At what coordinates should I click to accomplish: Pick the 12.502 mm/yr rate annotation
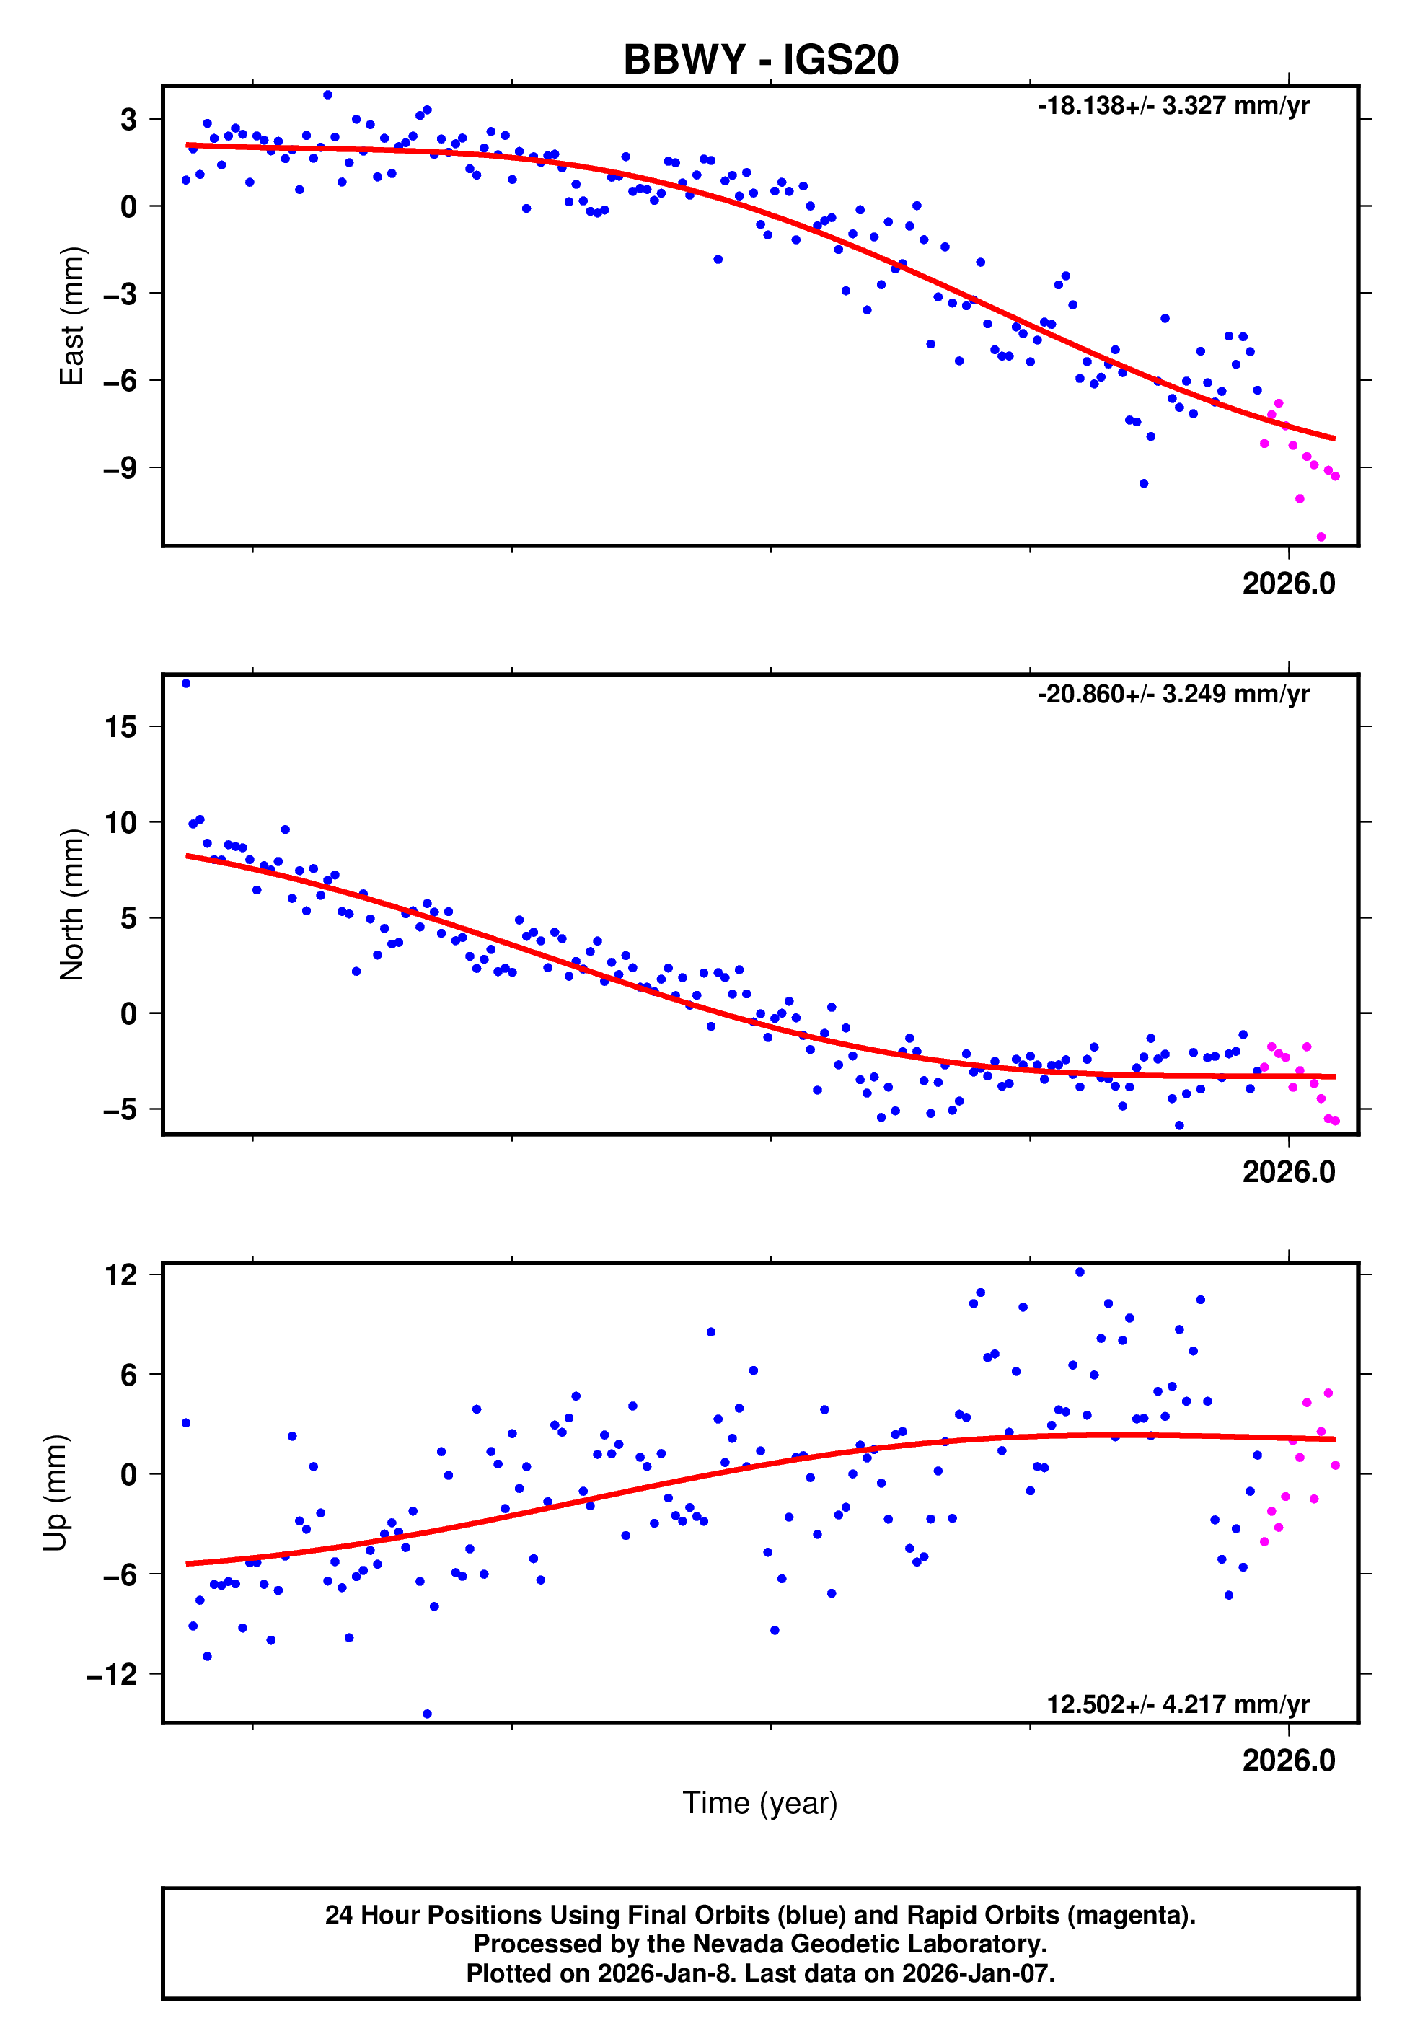pos(1178,1704)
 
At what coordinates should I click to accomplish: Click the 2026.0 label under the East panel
pos(1288,583)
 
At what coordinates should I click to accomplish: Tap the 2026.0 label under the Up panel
pos(1288,1760)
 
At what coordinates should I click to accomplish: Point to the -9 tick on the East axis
pos(120,468)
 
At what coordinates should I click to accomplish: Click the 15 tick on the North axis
pos(120,727)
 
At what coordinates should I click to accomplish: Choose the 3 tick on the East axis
pos(128,119)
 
